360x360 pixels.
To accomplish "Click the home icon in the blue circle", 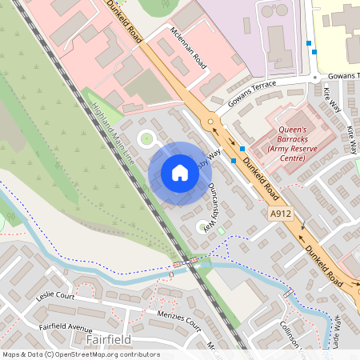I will (180, 173).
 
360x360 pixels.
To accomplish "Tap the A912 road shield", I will (279, 214).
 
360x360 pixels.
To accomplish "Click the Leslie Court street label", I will (55, 295).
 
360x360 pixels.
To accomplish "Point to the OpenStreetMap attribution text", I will (81, 354).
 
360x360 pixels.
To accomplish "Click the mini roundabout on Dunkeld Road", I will (211, 122).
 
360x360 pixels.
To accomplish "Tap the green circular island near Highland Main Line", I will (146, 138).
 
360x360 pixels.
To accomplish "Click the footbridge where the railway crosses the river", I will (184, 262).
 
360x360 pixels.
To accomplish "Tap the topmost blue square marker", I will (308, 42).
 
